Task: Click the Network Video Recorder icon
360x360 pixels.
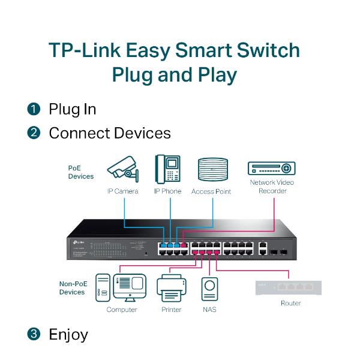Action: click(x=272, y=168)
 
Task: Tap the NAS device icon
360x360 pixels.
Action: click(x=209, y=289)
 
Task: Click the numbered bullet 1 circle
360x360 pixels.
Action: click(x=33, y=109)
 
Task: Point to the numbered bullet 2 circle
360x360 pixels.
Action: click(x=33, y=133)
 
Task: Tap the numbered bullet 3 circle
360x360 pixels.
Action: click(x=33, y=334)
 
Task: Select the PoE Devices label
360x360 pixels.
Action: click(x=80, y=172)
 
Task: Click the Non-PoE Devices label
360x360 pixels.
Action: click(x=72, y=288)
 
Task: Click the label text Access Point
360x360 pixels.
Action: click(x=211, y=191)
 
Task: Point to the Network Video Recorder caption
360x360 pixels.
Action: click(x=272, y=187)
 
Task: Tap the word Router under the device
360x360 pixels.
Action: click(x=290, y=304)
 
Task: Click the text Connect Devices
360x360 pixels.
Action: click(x=109, y=133)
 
